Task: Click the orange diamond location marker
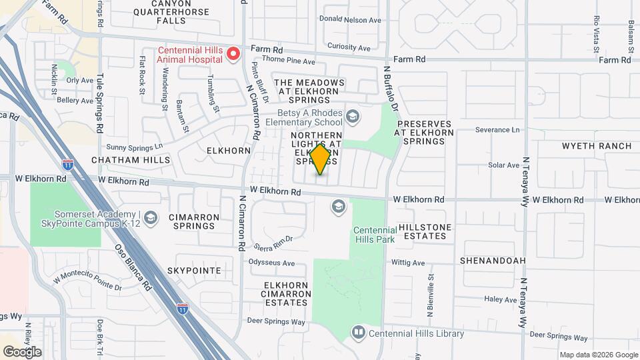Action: point(320,159)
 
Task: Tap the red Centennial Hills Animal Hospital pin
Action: point(233,53)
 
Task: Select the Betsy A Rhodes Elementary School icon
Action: point(353,117)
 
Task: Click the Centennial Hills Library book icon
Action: point(359,332)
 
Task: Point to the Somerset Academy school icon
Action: point(151,217)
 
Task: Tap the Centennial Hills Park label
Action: point(374,235)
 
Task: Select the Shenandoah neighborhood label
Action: point(493,261)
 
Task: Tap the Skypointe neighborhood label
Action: point(193,271)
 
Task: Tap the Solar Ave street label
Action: point(503,165)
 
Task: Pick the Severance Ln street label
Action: point(497,129)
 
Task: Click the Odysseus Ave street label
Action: point(271,263)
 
